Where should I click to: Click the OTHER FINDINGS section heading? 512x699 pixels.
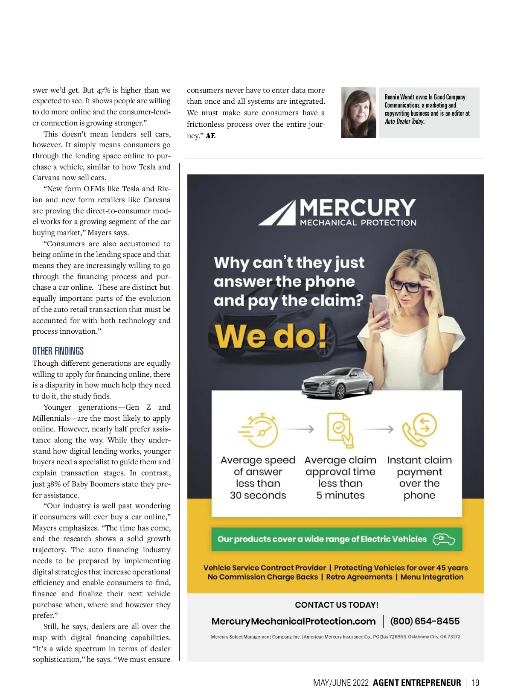pyautogui.click(x=58, y=351)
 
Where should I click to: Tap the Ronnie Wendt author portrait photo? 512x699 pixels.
pyautogui.click(x=358, y=113)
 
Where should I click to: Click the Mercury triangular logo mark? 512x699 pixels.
pyautogui.click(x=276, y=213)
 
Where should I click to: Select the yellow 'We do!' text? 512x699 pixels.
pyautogui.click(x=271, y=336)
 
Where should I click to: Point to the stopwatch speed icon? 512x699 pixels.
pyautogui.click(x=258, y=430)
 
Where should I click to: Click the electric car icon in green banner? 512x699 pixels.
pyautogui.click(x=444, y=539)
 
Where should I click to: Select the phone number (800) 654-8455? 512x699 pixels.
pyautogui.click(x=425, y=621)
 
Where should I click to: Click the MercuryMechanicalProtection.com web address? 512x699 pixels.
pyautogui.click(x=294, y=621)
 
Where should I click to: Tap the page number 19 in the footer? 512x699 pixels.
pyautogui.click(x=475, y=683)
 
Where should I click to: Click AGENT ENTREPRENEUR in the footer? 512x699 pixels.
pyautogui.click(x=417, y=683)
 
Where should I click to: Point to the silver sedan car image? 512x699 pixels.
pyautogui.click(x=337, y=383)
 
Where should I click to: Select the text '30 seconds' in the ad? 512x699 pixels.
pyautogui.click(x=258, y=495)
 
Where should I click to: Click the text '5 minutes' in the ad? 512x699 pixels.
pyautogui.click(x=340, y=495)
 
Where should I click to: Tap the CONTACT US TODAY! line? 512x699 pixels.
pyautogui.click(x=337, y=605)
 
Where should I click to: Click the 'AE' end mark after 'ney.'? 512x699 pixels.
pyautogui.click(x=211, y=136)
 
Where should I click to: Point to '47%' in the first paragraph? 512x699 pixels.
pyautogui.click(x=104, y=90)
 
